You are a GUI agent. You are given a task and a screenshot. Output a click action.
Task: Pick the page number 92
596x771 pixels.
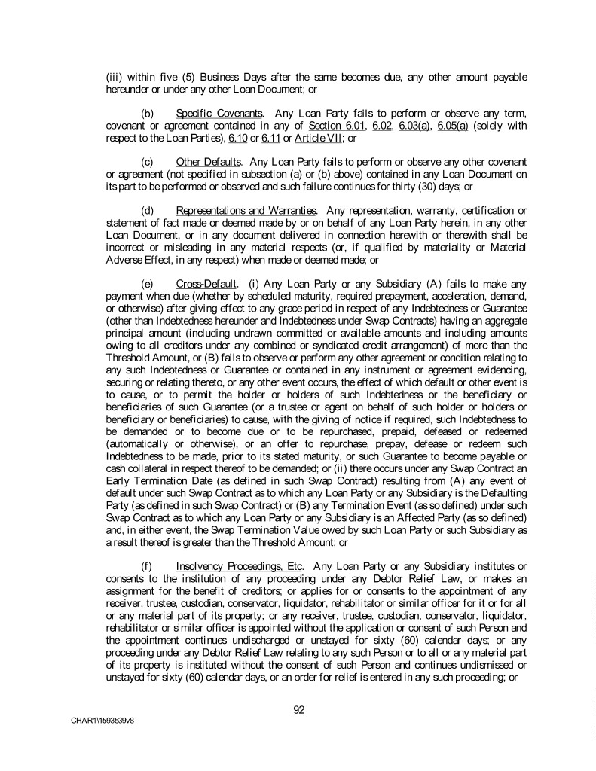298,709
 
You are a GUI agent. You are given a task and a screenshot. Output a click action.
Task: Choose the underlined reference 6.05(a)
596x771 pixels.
454,125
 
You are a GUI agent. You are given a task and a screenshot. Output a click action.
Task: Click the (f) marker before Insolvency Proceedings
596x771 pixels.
147,565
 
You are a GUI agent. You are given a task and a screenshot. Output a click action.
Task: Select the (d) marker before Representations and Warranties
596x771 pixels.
148,210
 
